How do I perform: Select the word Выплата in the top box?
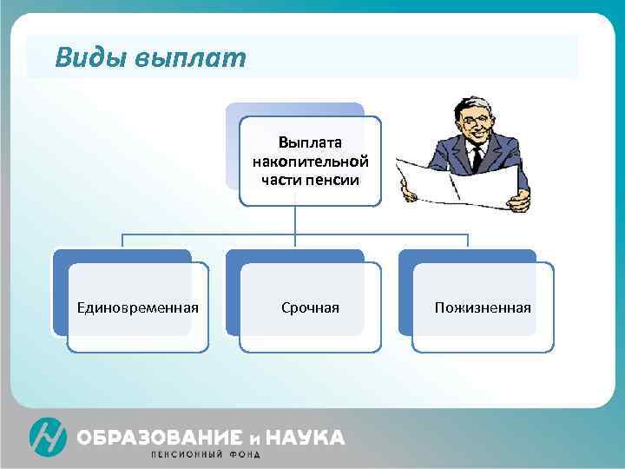310,142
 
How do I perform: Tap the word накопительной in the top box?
310,161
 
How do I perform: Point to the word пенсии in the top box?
331,179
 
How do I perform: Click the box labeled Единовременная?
137,307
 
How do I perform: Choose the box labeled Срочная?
310,307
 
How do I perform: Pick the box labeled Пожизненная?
483,307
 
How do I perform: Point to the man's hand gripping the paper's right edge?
519,201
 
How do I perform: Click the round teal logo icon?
48,437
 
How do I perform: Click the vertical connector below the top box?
294,220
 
